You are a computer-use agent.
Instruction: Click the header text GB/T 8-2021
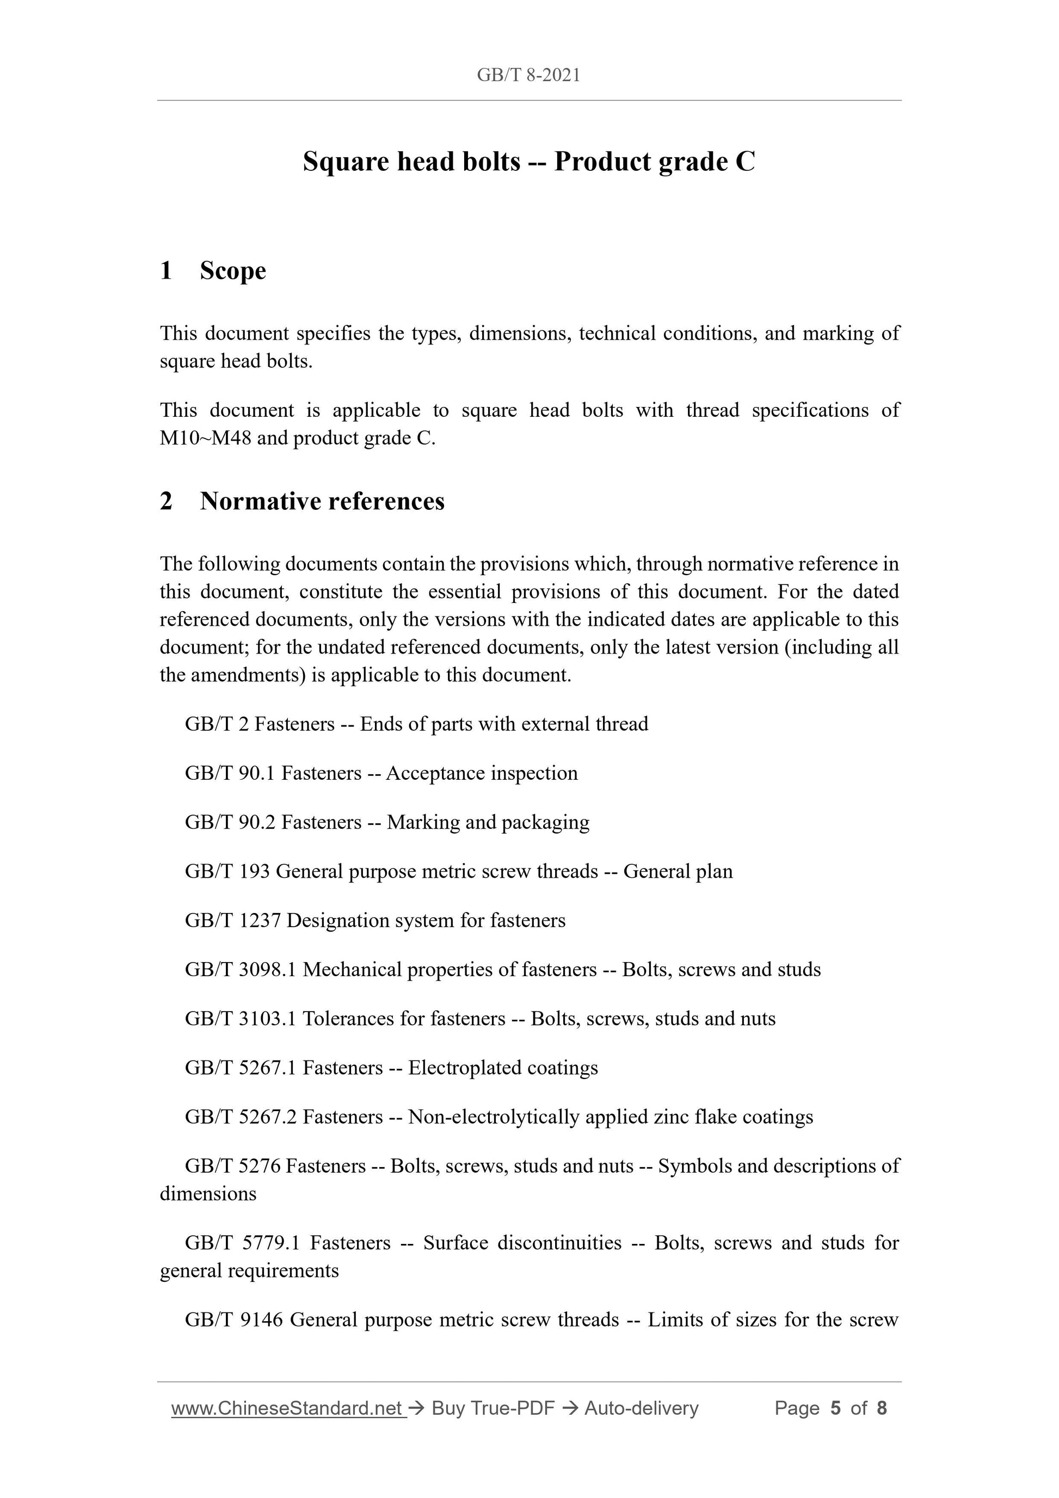pyautogui.click(x=528, y=76)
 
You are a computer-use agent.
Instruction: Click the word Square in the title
pyautogui.click(x=345, y=162)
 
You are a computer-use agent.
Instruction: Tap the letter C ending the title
pyautogui.click(x=744, y=162)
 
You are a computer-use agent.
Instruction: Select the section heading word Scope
pyautogui.click(x=233, y=271)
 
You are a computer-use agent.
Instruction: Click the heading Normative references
pyautogui.click(x=322, y=501)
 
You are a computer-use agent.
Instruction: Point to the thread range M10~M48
pyautogui.click(x=206, y=438)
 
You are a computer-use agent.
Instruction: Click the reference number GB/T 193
pyautogui.click(x=227, y=872)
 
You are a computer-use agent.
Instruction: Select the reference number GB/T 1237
pyautogui.click(x=233, y=921)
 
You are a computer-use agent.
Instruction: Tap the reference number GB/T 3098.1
pyautogui.click(x=241, y=970)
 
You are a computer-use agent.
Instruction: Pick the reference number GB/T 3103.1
pyautogui.click(x=241, y=1019)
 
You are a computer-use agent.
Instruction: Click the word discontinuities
pyautogui.click(x=522, y=1243)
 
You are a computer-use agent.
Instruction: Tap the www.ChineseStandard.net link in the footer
pyautogui.click(x=287, y=1409)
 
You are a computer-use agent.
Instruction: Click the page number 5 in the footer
pyautogui.click(x=835, y=1409)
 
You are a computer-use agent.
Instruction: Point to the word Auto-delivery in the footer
pyautogui.click(x=642, y=1409)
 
